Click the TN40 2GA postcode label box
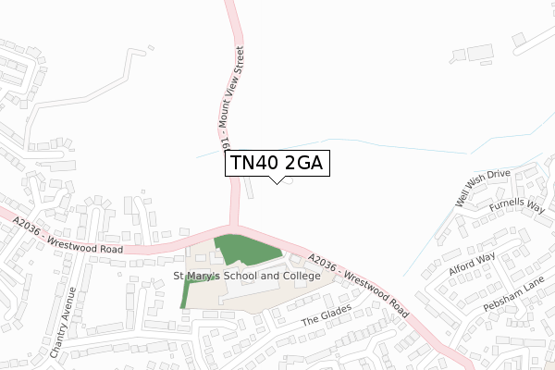coord(277,164)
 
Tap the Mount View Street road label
coord(232,97)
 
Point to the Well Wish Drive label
coord(482,188)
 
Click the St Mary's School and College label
coord(247,276)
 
